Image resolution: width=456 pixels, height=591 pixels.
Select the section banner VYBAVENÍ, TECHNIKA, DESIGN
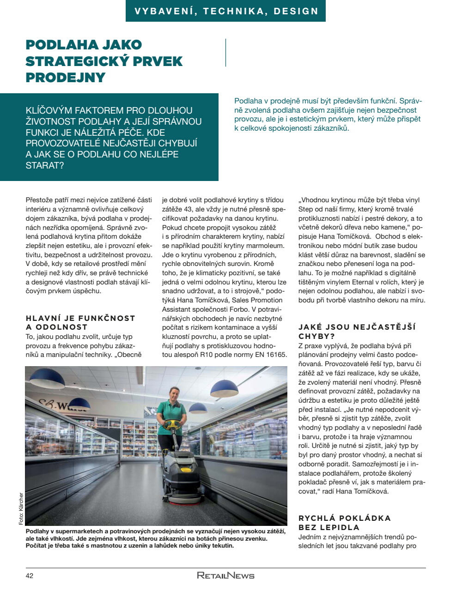(x=226, y=11)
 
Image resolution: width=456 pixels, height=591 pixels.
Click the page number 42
(x=30, y=576)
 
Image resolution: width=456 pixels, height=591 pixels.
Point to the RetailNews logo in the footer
(x=225, y=576)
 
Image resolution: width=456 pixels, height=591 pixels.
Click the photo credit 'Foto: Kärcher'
(x=21, y=508)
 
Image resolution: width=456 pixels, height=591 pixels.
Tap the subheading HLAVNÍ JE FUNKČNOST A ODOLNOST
(x=80, y=322)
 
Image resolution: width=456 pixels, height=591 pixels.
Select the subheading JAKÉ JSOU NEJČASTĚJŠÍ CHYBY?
(x=357, y=332)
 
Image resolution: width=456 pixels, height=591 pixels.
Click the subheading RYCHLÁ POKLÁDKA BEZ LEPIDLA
(x=344, y=523)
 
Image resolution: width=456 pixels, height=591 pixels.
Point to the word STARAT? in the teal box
(x=45, y=165)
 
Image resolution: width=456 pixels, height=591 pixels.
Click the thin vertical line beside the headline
(x=226, y=53)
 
